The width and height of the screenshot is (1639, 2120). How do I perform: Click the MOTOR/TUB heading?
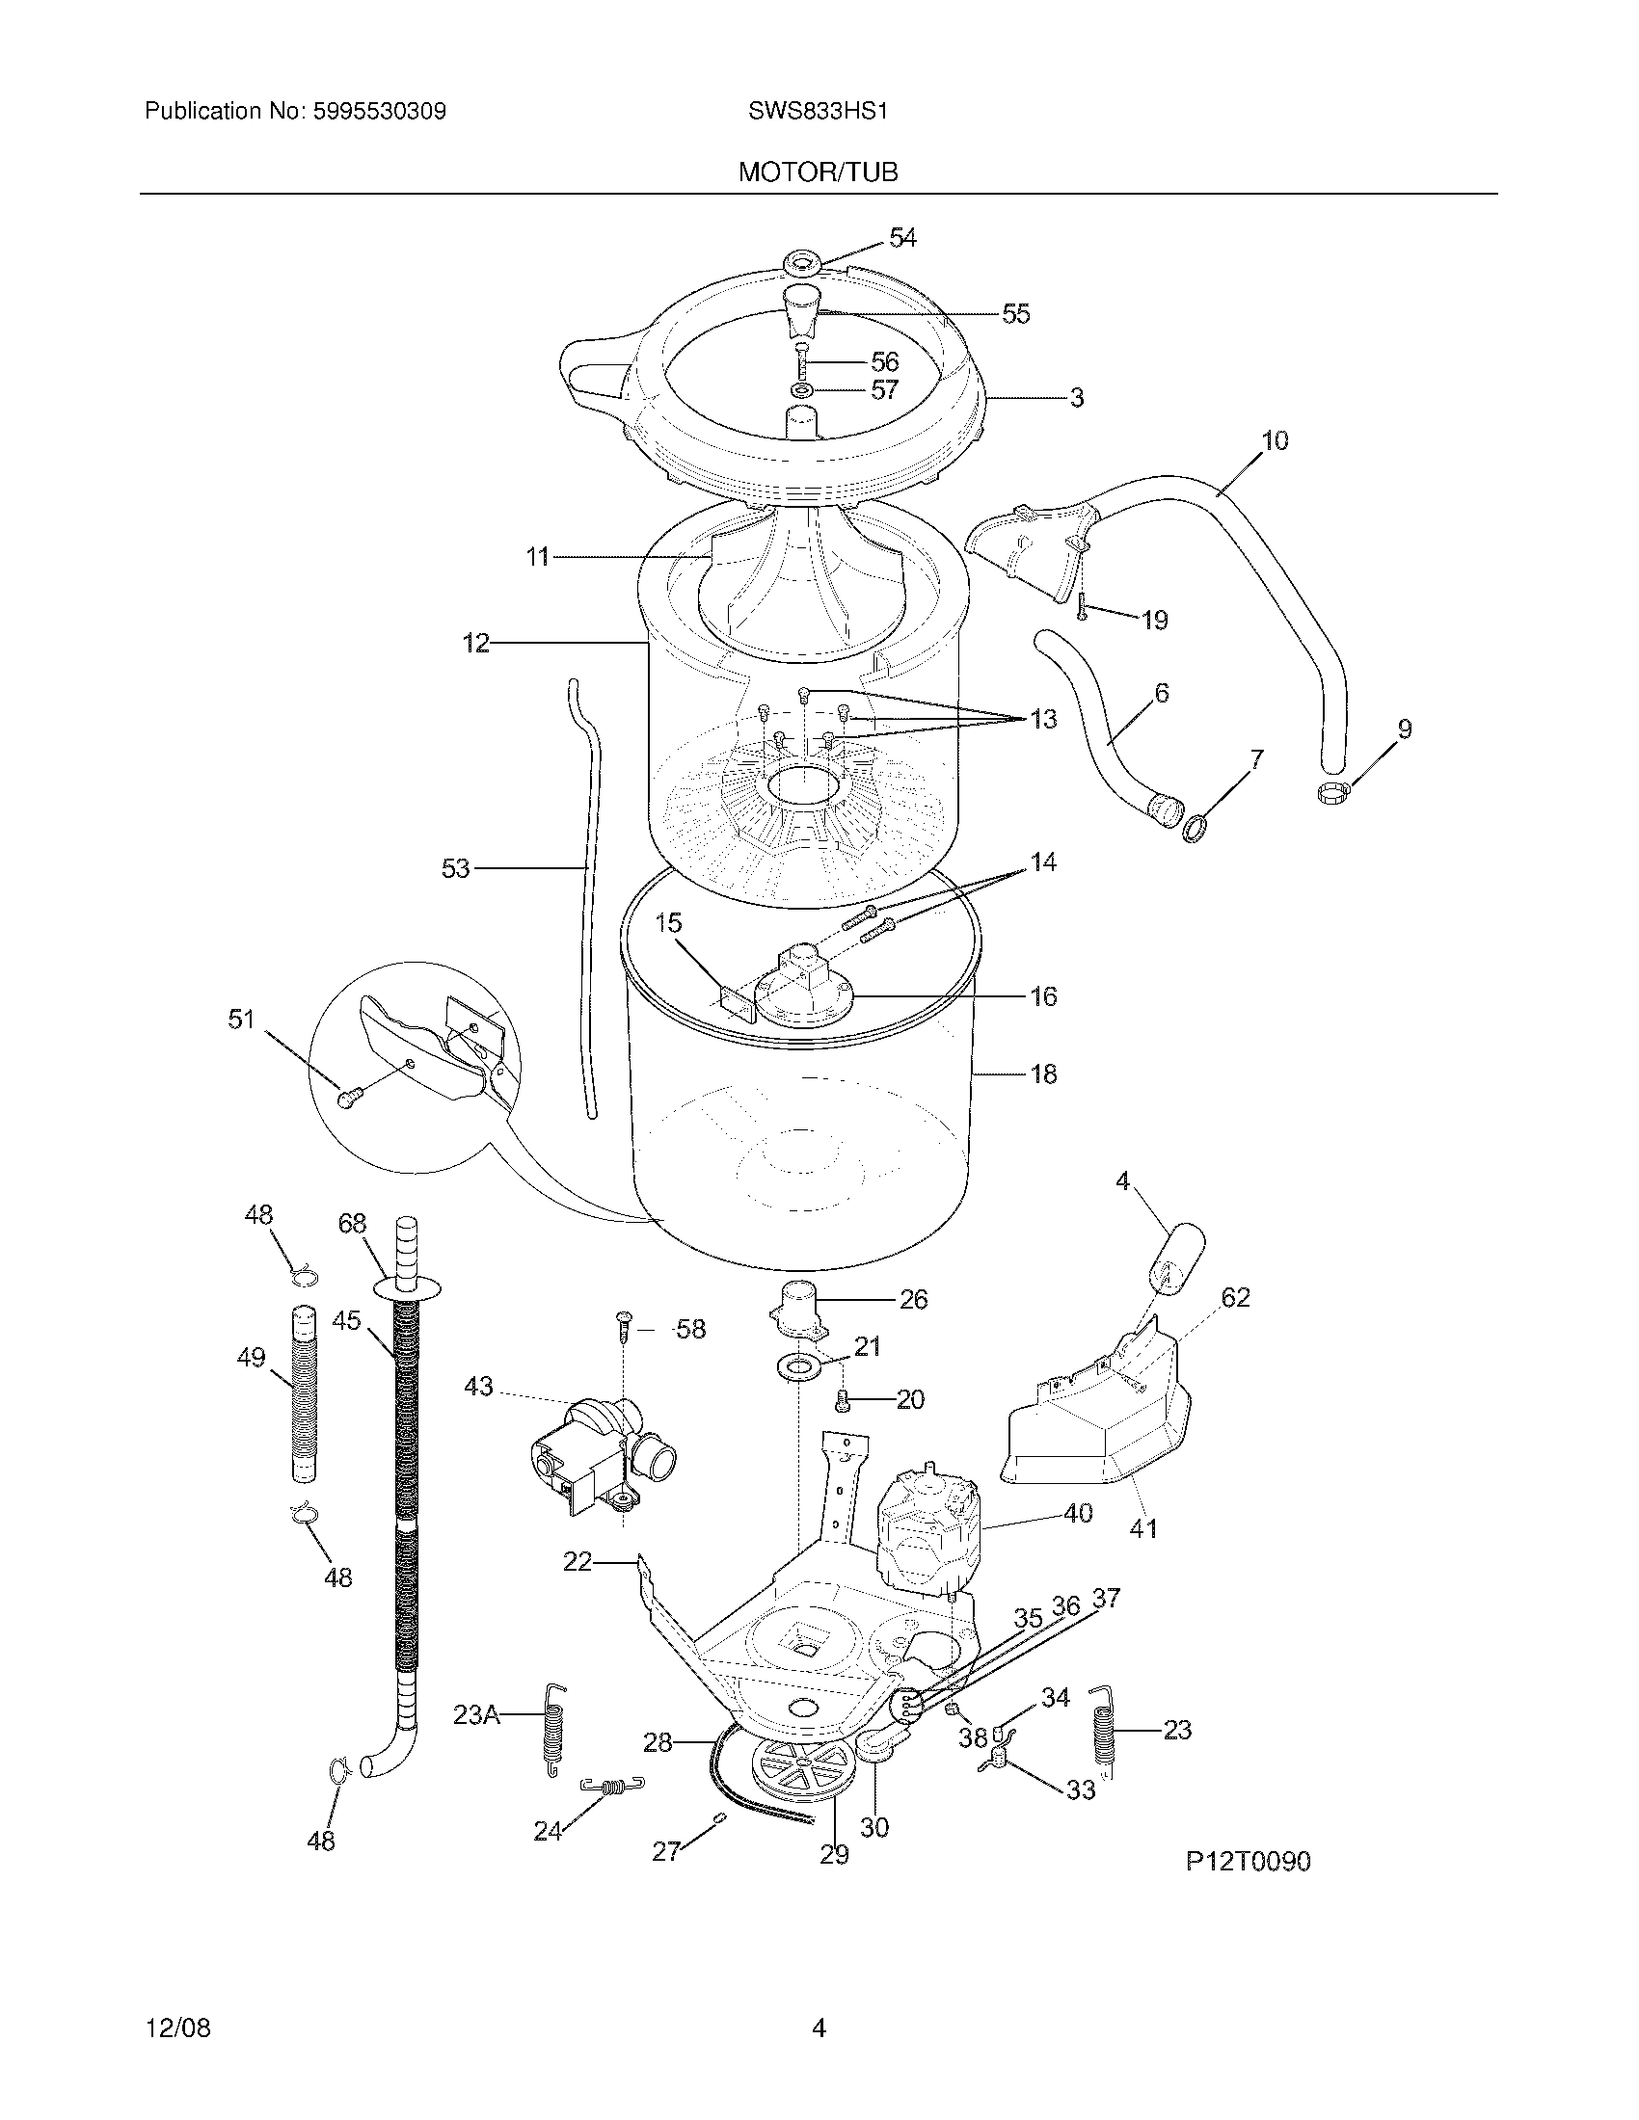coord(818,172)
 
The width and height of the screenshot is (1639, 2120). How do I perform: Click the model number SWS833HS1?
coord(818,112)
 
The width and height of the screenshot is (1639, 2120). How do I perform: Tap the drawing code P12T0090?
coord(1248,1861)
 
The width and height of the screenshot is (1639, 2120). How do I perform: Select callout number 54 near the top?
coord(902,238)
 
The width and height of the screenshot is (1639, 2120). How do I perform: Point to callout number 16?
coord(1043,996)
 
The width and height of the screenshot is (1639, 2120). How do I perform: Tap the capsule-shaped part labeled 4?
coord(1176,1254)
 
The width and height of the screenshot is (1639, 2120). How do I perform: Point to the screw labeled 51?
coord(349,1097)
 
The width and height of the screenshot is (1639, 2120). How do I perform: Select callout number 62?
coord(1235,1297)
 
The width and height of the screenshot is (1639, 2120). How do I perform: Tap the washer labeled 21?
coord(798,1367)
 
